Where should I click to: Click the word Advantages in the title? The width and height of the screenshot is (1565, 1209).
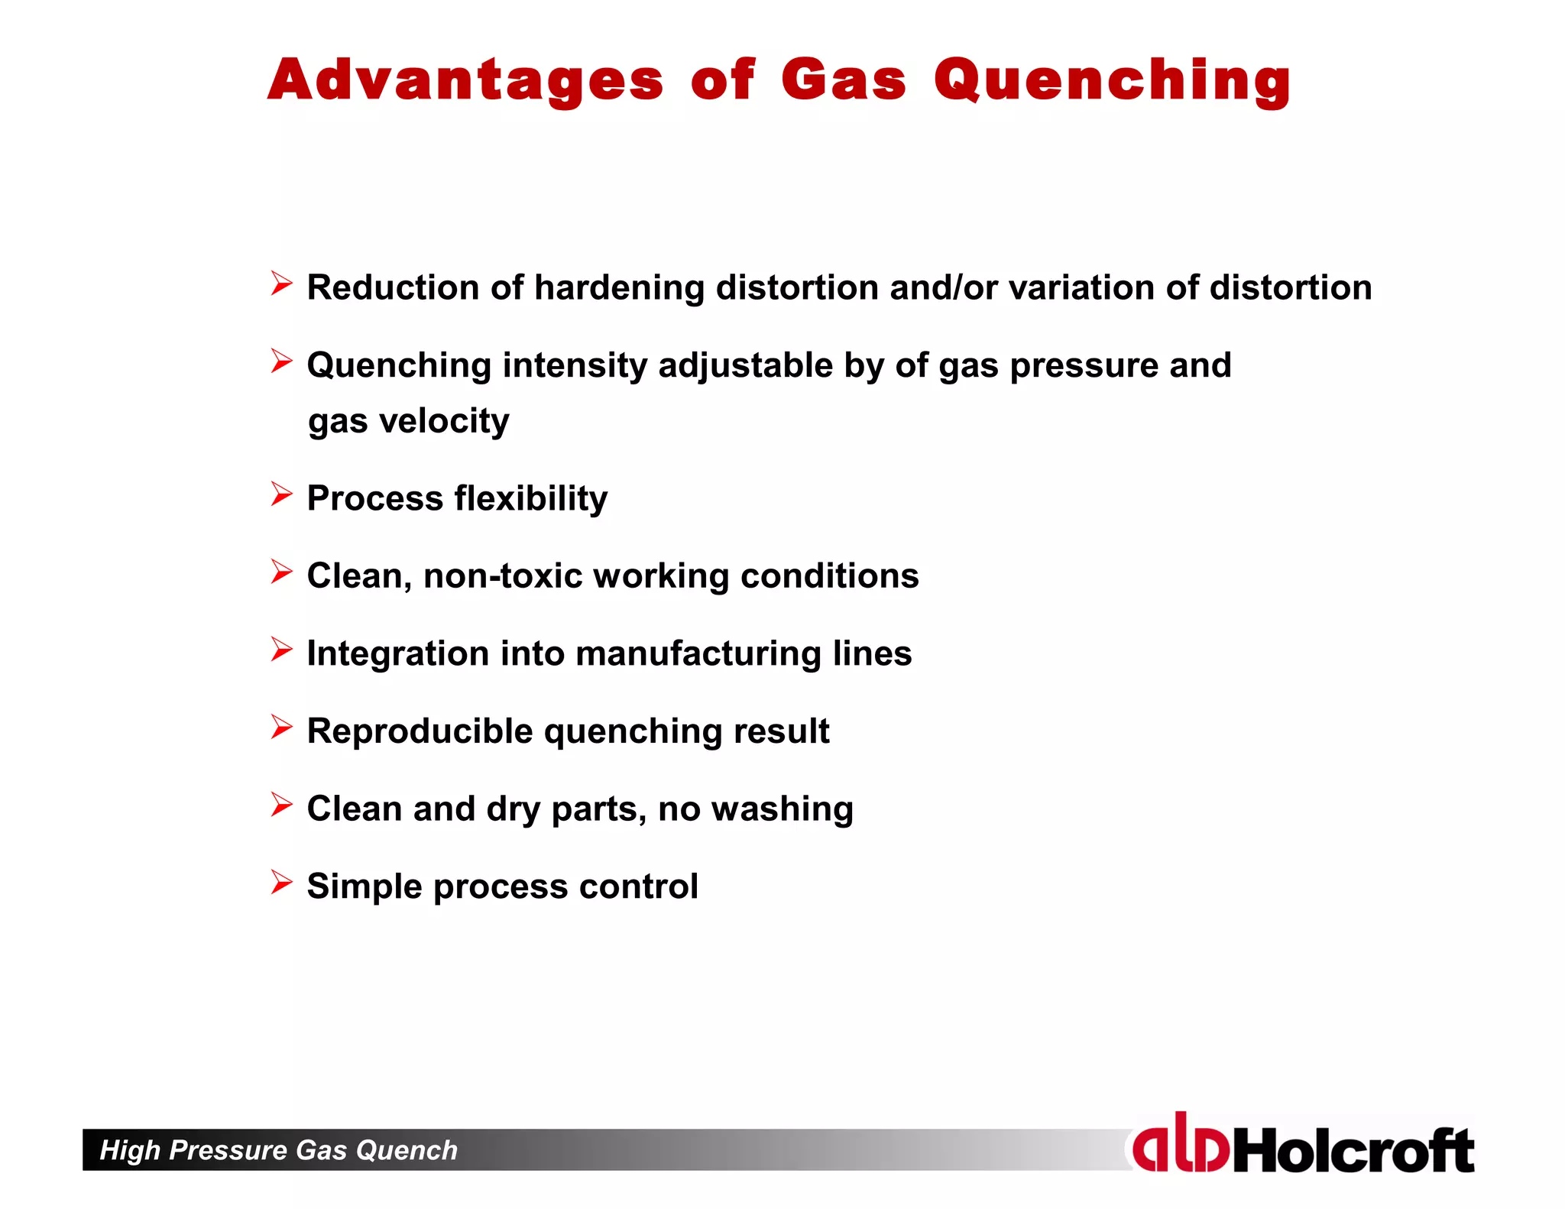[465, 80]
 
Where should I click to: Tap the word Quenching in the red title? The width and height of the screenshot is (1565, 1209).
[1112, 80]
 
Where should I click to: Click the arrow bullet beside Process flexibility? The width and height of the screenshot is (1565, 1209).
[281, 494]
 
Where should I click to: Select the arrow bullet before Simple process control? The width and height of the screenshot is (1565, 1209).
[281, 883]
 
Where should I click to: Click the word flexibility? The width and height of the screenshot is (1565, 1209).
[531, 499]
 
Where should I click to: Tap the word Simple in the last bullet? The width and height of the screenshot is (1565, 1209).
[365, 886]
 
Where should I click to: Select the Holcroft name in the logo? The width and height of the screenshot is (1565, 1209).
[1353, 1150]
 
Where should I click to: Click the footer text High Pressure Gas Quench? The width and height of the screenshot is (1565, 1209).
[279, 1150]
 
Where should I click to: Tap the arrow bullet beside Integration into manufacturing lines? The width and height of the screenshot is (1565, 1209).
[281, 650]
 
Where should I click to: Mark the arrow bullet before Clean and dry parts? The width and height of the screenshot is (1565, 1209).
[281, 805]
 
